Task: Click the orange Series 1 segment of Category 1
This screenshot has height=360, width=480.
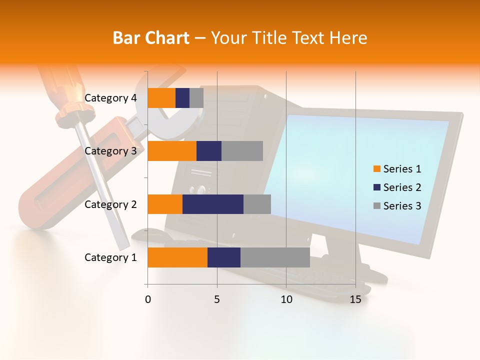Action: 177,257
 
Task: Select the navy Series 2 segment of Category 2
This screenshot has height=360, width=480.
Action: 213,204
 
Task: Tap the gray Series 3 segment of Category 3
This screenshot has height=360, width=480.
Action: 242,151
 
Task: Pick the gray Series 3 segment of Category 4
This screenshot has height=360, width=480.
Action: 196,98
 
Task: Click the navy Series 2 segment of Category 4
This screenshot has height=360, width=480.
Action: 182,98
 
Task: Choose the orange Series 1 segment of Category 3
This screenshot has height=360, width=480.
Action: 172,151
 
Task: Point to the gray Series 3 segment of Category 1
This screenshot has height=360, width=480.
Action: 275,257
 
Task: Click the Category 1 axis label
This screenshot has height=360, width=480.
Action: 110,257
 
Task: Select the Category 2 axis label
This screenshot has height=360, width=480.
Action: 110,204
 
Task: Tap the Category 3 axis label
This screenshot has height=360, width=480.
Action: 110,151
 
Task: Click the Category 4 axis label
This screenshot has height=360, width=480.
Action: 110,98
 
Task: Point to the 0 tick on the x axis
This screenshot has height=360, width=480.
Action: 148,299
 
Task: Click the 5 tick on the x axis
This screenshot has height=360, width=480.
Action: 217,299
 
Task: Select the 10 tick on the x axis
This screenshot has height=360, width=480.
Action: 286,299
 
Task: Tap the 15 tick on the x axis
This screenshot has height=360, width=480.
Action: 355,299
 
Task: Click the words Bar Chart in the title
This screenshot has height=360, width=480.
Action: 151,38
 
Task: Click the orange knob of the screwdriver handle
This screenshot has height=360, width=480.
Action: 75,115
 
